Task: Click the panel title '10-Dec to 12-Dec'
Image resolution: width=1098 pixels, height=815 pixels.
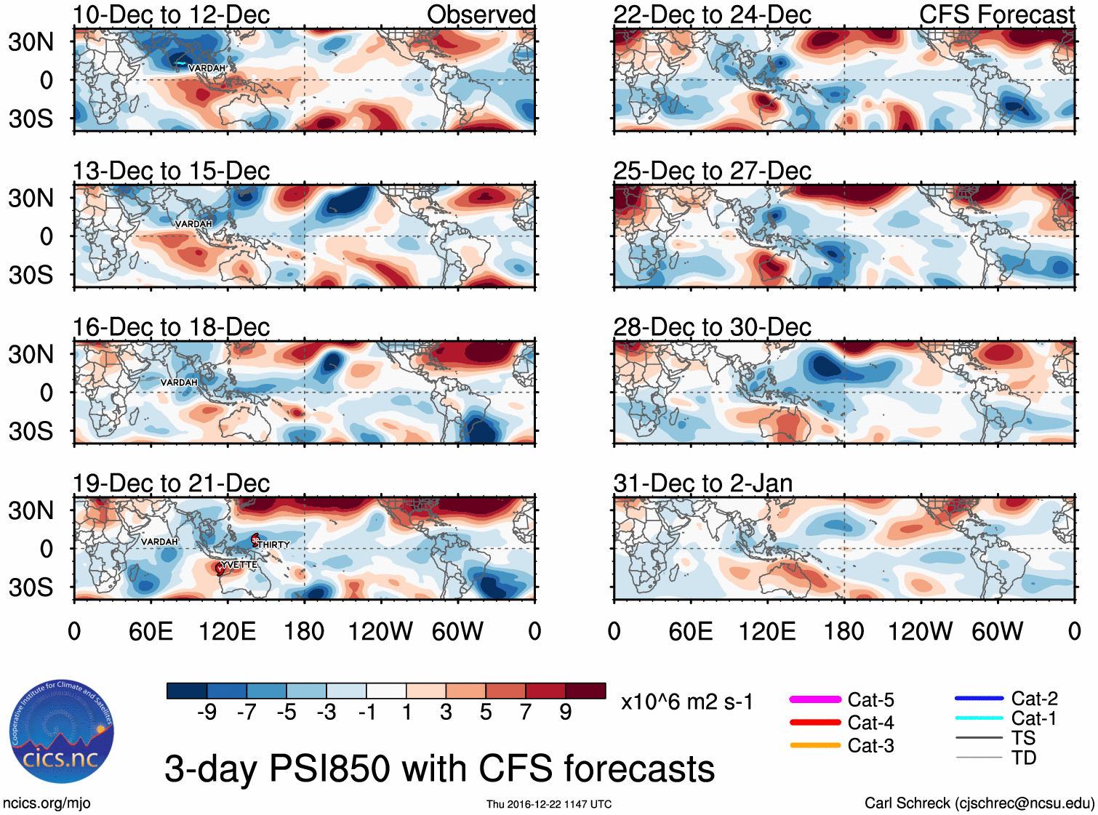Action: coord(171,15)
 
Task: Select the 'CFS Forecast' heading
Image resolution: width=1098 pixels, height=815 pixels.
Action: coord(996,15)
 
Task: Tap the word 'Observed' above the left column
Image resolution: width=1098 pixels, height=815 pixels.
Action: coord(481,15)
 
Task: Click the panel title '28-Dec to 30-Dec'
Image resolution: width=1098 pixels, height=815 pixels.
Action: coord(712,327)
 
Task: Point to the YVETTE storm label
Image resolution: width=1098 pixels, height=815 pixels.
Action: coord(239,565)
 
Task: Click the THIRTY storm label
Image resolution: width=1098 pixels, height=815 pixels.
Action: coord(273,545)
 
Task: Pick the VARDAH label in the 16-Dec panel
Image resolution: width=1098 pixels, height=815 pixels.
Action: coord(179,382)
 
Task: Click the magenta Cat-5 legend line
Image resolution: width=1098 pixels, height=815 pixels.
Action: coord(815,699)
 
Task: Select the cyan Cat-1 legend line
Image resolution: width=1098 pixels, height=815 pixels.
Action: coord(979,718)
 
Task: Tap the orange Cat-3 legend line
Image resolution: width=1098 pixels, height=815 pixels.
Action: coord(815,745)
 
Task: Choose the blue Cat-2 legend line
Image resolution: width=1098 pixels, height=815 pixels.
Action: coord(979,699)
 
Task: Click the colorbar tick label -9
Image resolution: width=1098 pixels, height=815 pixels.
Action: coord(207,712)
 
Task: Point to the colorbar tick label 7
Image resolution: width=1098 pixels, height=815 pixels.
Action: coord(526,712)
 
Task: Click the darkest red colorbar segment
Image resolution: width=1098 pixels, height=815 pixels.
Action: coord(585,691)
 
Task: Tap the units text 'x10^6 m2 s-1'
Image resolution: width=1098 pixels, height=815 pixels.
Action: coord(686,702)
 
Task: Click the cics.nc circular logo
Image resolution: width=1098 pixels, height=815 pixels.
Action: coord(62,731)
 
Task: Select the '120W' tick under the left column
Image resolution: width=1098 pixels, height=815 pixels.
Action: coord(380,631)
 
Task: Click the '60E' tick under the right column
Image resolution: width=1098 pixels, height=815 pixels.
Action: coord(690,631)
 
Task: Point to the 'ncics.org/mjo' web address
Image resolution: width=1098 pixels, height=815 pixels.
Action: coord(47,803)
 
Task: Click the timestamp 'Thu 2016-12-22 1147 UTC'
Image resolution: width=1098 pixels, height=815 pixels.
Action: coord(549,804)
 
